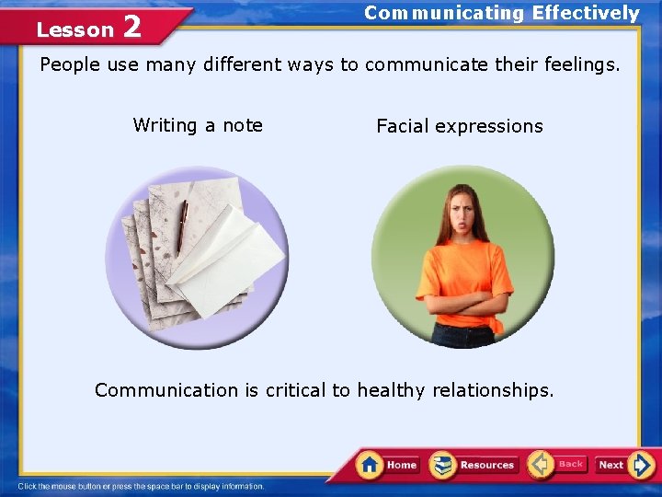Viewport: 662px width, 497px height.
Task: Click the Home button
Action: pyautogui.click(x=388, y=465)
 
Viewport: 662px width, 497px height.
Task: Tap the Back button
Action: pyautogui.click(x=557, y=464)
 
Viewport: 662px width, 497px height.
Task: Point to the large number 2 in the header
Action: pyautogui.click(x=131, y=27)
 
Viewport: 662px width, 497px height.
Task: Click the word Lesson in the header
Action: pyautogui.click(x=74, y=30)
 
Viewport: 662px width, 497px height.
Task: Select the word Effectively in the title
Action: pyautogui.click(x=586, y=13)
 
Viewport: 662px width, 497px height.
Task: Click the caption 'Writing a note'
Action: pyautogui.click(x=198, y=125)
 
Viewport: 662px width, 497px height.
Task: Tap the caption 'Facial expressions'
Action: pyautogui.click(x=459, y=126)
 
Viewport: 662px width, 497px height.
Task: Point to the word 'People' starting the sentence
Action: pyautogui.click(x=69, y=65)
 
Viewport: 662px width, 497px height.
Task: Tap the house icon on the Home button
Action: pyautogui.click(x=370, y=464)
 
